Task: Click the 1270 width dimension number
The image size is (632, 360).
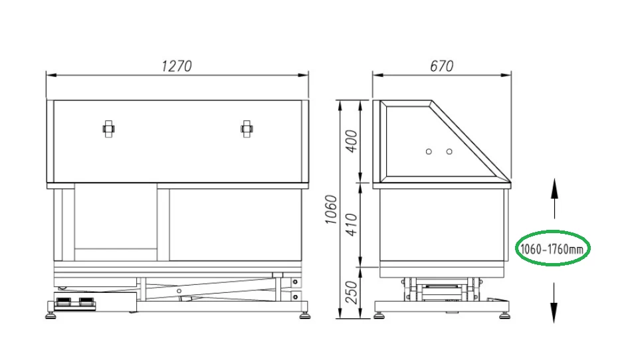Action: pos(177,66)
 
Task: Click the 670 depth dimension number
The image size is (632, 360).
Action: pos(442,66)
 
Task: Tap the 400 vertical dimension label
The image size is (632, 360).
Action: pos(352,141)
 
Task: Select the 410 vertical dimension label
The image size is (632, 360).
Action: pos(352,225)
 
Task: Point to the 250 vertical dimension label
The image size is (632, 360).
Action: pos(352,293)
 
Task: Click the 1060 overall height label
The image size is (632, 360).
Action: pos(331,209)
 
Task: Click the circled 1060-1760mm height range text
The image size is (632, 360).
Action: pos(552,249)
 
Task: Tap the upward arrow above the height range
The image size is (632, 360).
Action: pos(555,199)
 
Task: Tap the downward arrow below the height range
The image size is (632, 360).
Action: pos(555,303)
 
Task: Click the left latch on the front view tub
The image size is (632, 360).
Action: pos(108,129)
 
